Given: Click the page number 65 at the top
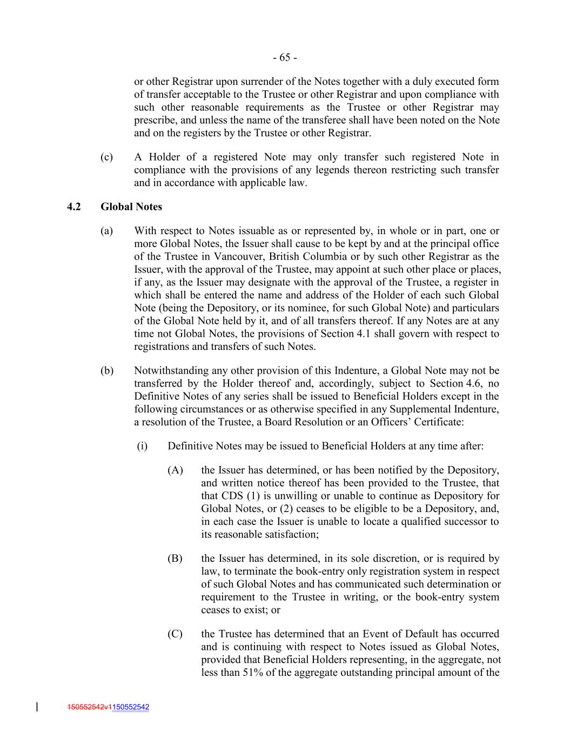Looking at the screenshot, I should (284, 57).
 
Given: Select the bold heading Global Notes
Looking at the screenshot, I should (131, 207).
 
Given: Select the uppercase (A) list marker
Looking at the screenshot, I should (175, 470).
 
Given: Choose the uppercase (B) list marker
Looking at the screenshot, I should (175, 559).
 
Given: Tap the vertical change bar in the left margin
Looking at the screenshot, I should (37, 706).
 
